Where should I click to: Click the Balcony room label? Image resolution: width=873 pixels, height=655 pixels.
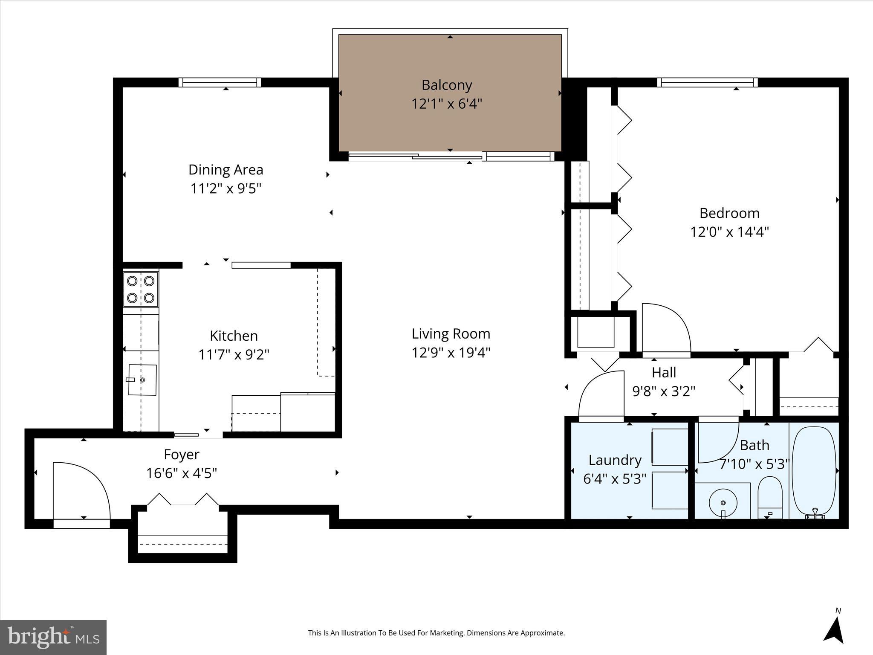(446, 85)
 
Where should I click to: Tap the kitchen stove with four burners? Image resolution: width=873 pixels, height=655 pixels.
(141, 290)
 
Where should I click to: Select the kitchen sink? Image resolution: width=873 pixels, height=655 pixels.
(142, 380)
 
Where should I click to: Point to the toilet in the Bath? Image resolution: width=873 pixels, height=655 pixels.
(769, 497)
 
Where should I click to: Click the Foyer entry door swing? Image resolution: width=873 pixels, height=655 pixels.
(81, 490)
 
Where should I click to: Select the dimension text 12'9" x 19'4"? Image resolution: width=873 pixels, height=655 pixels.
(451, 353)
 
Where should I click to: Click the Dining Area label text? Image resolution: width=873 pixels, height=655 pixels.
(225, 170)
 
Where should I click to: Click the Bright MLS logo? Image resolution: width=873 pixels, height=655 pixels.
(53, 637)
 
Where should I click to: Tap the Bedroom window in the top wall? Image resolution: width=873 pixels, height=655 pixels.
(707, 82)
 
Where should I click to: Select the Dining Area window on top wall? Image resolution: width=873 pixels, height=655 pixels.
(220, 82)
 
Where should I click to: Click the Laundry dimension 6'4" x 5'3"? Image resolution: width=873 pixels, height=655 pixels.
(614, 479)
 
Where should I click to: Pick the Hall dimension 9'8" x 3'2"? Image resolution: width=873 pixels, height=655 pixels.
(663, 391)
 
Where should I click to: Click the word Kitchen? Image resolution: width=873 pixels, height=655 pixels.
(234, 336)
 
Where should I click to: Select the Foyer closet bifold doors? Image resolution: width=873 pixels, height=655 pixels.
(183, 500)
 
